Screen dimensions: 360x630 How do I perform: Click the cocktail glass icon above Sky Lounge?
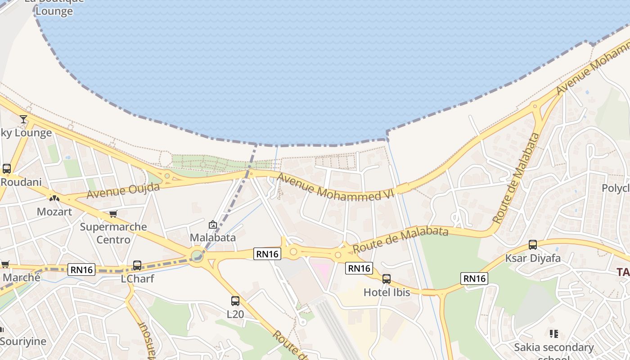[23, 119]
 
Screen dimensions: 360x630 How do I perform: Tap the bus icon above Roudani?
[7, 169]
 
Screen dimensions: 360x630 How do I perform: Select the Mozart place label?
[54, 211]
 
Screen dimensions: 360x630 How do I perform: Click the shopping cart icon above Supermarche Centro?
[113, 214]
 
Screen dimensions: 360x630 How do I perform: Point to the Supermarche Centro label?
[113, 233]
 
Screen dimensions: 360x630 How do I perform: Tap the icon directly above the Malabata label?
[212, 225]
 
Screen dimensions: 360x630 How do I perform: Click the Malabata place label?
[213, 237]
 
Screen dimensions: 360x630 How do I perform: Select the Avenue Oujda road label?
[123, 190]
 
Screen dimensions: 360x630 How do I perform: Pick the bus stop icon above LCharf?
[137, 265]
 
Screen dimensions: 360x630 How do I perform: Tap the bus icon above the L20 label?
[235, 301]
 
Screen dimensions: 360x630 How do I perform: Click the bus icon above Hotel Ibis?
[387, 279]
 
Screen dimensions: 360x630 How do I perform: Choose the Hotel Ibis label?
[387, 292]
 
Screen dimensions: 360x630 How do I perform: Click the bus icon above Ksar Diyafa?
[533, 245]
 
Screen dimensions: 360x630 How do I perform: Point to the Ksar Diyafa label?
[533, 258]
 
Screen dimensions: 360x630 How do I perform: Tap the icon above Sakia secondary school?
[554, 334]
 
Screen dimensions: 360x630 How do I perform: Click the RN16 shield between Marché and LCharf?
[81, 270]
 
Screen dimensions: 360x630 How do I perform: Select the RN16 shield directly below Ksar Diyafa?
[474, 279]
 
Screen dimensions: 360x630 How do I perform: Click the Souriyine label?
[23, 341]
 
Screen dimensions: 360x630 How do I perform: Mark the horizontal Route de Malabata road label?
[400, 240]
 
